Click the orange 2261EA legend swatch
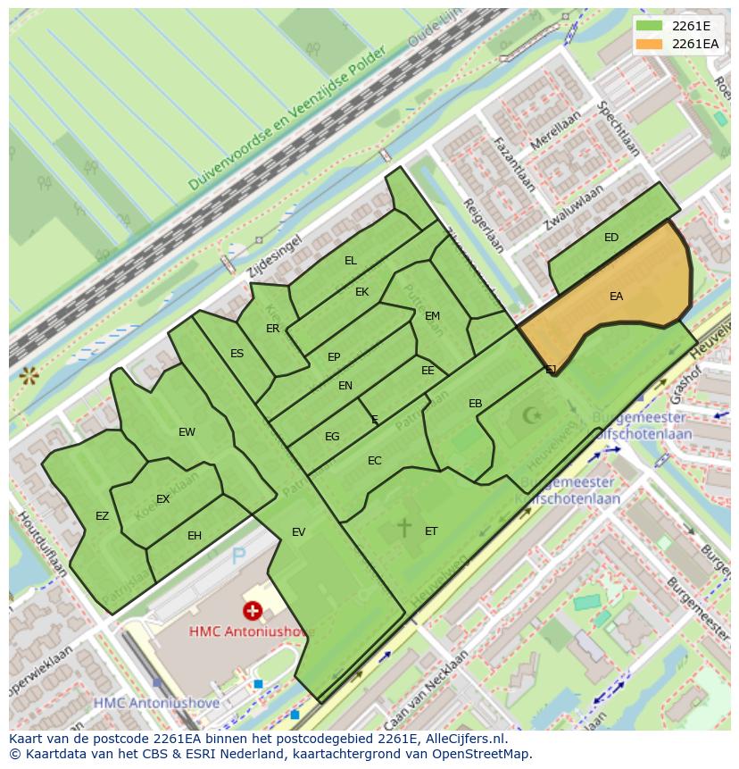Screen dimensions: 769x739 (650, 44)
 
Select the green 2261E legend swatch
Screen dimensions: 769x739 (650, 26)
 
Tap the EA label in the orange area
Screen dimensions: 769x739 (616, 297)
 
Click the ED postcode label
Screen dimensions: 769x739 (611, 238)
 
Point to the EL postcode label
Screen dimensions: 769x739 (351, 261)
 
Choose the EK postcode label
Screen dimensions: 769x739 (361, 292)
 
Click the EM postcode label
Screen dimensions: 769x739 (432, 316)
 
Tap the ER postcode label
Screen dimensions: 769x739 (273, 329)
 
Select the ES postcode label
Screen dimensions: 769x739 (237, 354)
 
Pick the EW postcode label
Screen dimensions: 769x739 (187, 432)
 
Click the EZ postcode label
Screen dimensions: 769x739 (102, 516)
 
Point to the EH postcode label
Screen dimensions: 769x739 (195, 536)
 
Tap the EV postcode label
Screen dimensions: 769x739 (298, 532)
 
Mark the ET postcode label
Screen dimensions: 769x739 (431, 531)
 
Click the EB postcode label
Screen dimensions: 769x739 (476, 404)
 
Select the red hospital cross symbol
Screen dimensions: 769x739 (253, 611)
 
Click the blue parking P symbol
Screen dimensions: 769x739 (238, 557)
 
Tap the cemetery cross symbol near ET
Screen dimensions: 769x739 (403, 527)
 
